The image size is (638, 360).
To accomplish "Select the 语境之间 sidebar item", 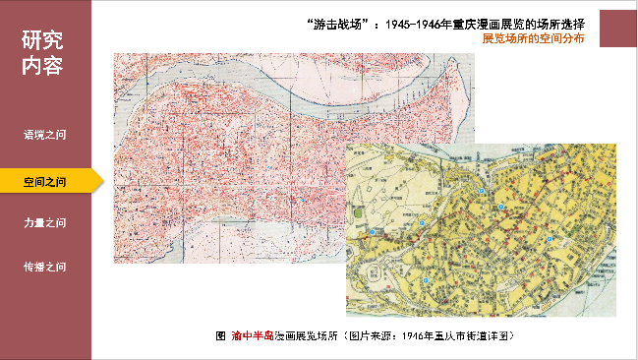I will (45, 132).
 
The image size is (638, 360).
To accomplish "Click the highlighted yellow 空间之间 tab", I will (45, 181).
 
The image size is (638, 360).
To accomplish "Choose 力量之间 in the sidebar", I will (45, 223).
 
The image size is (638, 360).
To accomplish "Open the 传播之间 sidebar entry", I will (45, 267).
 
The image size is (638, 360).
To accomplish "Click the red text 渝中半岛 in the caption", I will (253, 335).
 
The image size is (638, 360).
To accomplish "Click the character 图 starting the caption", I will (220, 335).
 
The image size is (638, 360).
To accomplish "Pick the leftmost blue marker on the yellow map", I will (372, 232).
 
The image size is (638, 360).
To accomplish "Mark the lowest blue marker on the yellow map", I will (425, 281).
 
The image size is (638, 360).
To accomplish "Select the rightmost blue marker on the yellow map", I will (551, 238).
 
